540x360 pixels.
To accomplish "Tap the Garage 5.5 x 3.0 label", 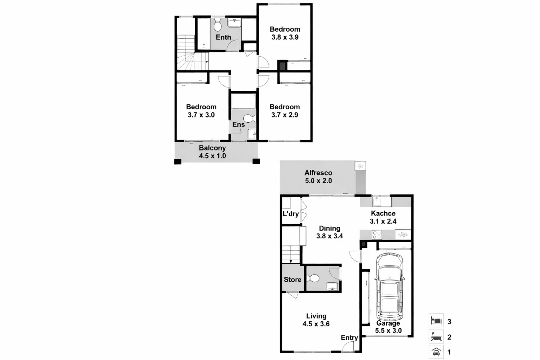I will click(x=388, y=327).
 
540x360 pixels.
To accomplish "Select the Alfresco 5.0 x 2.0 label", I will click(x=318, y=176).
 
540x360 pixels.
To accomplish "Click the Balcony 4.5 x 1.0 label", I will click(x=212, y=152).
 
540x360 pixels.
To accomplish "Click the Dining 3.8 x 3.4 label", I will click(x=329, y=232).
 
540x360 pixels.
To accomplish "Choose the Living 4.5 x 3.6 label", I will click(x=316, y=320).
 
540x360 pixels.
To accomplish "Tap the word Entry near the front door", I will click(x=349, y=337).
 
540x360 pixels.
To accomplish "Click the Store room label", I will click(x=292, y=279).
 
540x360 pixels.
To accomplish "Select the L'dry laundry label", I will click(x=291, y=214).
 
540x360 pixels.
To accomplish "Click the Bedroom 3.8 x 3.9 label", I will click(x=285, y=33).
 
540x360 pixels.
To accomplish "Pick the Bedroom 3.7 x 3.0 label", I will click(x=201, y=111).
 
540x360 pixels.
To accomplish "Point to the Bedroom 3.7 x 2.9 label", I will click(x=284, y=111).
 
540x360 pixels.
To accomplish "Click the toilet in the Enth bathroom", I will click(x=218, y=25).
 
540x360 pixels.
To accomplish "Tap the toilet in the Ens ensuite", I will click(x=250, y=118).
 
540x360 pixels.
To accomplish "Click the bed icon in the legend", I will click(x=436, y=321).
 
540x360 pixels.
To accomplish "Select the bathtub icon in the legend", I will click(x=436, y=337).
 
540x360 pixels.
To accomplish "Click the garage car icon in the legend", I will click(x=436, y=352).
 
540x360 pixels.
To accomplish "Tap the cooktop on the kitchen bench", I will click(x=377, y=234).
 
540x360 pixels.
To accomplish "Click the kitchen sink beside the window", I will click(x=378, y=202).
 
